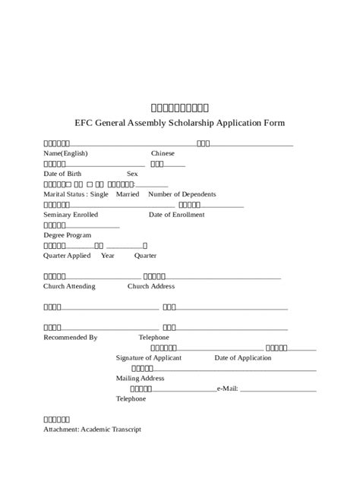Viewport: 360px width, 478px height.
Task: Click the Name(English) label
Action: coord(66,153)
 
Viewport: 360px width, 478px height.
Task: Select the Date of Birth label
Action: coord(63,174)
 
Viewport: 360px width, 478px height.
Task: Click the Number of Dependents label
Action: coord(182,194)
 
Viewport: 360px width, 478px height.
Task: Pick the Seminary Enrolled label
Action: coord(71,215)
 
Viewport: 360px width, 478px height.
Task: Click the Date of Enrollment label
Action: coord(176,215)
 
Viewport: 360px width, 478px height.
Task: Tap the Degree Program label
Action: coord(68,235)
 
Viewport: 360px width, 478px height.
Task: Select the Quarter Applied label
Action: coord(68,255)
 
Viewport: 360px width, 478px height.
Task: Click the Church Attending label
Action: coord(71,286)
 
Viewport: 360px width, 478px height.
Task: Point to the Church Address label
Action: coord(151,286)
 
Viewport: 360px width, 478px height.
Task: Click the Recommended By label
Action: coord(71,337)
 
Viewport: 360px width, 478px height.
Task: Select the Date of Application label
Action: coord(243,357)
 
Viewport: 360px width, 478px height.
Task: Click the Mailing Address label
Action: coord(140,378)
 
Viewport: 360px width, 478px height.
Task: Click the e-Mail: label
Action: coord(228,388)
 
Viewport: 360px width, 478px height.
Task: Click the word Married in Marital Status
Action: coord(128,194)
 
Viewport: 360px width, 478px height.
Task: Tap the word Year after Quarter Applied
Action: coord(108,255)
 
